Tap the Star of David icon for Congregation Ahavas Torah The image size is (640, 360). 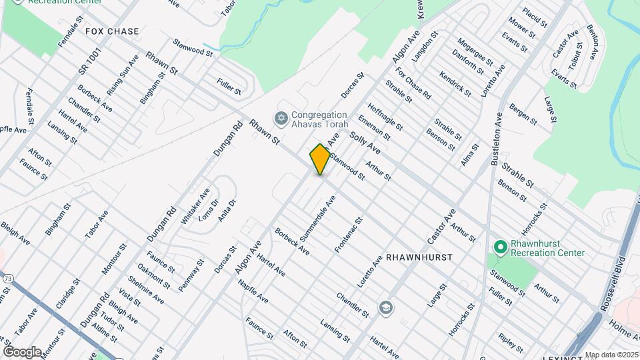[x=281, y=118]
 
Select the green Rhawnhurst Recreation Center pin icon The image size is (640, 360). [x=500, y=247]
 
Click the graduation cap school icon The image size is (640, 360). [x=385, y=307]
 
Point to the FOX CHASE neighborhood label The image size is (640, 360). [x=112, y=31]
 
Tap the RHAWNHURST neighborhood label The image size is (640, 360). [x=419, y=257]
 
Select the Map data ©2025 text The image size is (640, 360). [x=612, y=355]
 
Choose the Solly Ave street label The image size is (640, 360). [x=364, y=140]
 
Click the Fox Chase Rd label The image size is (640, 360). [x=413, y=84]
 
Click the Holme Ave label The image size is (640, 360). [x=623, y=331]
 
